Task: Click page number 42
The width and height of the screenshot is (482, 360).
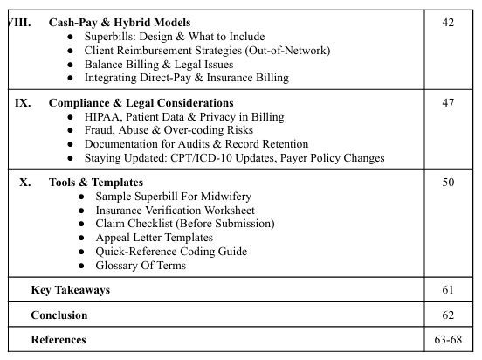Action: click(448, 23)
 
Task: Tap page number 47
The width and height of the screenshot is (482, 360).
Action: click(448, 103)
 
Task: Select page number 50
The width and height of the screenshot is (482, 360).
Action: click(448, 183)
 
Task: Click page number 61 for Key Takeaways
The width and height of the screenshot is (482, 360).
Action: click(448, 290)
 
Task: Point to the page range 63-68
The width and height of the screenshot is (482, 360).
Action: click(448, 339)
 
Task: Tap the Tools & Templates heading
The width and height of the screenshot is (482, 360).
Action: click(95, 183)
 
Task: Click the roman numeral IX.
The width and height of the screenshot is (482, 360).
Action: click(24, 103)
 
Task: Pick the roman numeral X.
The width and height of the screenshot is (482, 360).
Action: click(25, 183)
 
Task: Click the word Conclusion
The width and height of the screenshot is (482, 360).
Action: click(59, 315)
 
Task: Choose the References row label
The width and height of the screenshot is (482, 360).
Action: click(59, 339)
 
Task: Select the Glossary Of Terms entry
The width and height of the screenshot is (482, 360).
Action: click(141, 266)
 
